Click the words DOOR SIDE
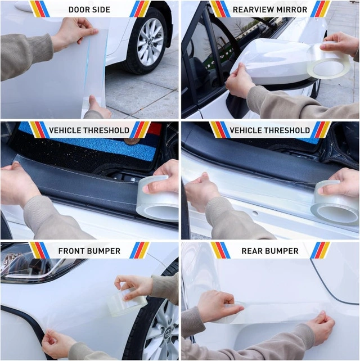(89, 10)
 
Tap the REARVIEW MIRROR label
(270, 10)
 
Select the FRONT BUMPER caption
(89, 251)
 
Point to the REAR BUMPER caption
(270, 251)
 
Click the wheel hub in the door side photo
(150, 42)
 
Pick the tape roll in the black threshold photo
(157, 198)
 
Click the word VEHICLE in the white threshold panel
(244, 130)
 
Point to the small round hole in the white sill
(255, 213)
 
